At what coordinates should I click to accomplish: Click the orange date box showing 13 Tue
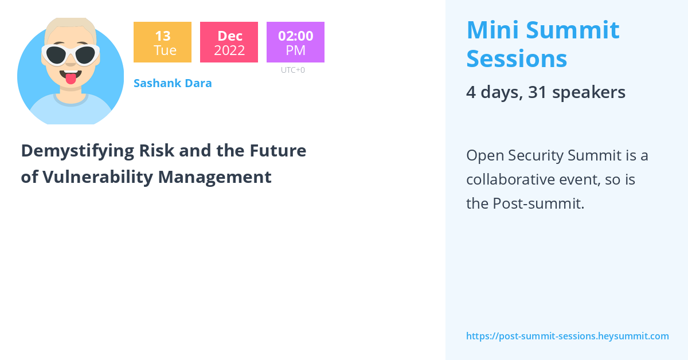pos(162,42)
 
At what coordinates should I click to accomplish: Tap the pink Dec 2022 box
pos(229,42)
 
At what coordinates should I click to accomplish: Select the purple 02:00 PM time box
pos(295,42)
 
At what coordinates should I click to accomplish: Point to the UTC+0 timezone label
pos(293,70)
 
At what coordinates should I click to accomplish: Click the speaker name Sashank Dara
pos(173,83)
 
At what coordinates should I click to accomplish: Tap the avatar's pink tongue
pos(71,79)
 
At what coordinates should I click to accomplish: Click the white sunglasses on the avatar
pos(71,55)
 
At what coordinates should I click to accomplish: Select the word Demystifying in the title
pos(77,151)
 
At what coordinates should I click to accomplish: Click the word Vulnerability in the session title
pos(97,177)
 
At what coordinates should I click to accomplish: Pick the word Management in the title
pos(214,178)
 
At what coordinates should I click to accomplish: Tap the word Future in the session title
pos(277,151)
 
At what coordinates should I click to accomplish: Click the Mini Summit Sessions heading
pos(543,44)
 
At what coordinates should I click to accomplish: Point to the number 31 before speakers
pos(537,92)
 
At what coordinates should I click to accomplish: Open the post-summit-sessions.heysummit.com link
pos(567,336)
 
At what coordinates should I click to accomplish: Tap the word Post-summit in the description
pos(538,204)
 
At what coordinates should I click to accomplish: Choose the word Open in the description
pos(485,156)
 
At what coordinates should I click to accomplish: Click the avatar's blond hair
pos(71,27)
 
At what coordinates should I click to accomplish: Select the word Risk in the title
pos(157,151)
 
